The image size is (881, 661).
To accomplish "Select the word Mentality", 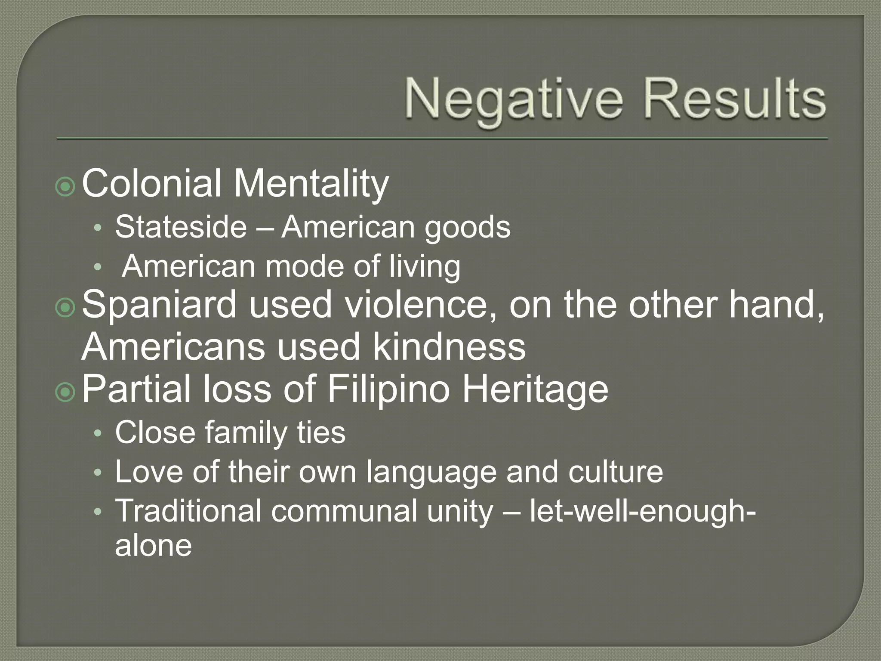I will click(311, 184).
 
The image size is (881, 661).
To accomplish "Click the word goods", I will click(468, 228).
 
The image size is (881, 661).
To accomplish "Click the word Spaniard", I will click(159, 304).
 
